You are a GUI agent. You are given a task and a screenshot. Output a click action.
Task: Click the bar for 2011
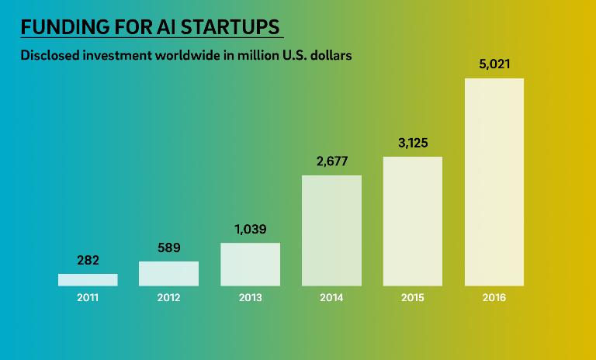pyautogui.click(x=88, y=279)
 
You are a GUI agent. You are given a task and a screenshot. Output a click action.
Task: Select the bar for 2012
pyautogui.click(x=168, y=273)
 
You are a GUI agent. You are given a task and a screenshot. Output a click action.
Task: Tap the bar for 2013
pyautogui.click(x=250, y=265)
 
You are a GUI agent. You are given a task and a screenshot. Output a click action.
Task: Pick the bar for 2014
pyautogui.click(x=331, y=230)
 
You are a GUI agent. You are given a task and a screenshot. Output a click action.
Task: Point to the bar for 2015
pyautogui.click(x=412, y=221)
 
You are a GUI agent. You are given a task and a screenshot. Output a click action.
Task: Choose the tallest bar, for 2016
pyautogui.click(x=494, y=182)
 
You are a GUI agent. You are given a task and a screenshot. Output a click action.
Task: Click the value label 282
pyautogui.click(x=88, y=260)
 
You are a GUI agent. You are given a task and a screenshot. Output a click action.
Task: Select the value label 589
pyautogui.click(x=168, y=247)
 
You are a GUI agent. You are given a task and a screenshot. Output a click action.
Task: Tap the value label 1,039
pyautogui.click(x=250, y=230)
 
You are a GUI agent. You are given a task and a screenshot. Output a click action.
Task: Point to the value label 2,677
pyautogui.click(x=331, y=161)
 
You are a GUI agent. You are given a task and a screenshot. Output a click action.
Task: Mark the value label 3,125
pyautogui.click(x=412, y=143)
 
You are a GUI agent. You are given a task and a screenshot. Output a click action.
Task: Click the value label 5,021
pyautogui.click(x=494, y=64)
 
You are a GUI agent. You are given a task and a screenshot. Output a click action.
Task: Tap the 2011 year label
pyautogui.click(x=88, y=297)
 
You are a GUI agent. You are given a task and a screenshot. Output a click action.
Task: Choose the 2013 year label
pyautogui.click(x=250, y=297)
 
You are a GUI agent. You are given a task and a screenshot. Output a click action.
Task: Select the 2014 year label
pyautogui.click(x=331, y=297)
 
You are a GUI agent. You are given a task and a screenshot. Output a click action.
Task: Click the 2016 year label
pyautogui.click(x=494, y=297)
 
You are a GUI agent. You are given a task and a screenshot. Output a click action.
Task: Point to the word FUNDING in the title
pyautogui.click(x=61, y=27)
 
